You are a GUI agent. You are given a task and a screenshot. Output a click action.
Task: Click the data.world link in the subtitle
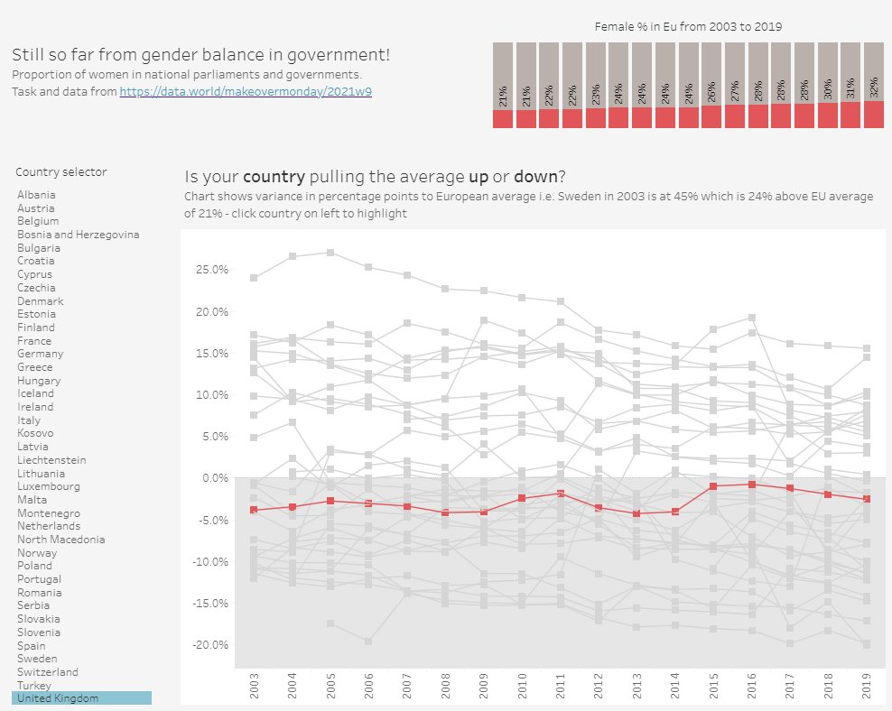click(x=246, y=91)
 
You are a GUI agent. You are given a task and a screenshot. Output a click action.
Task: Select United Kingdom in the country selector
click(x=58, y=698)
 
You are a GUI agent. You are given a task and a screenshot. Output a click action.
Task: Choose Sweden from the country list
click(x=37, y=659)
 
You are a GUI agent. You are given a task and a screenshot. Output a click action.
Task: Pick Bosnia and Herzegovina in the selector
click(x=78, y=235)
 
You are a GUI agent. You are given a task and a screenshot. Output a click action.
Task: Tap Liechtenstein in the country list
click(x=51, y=460)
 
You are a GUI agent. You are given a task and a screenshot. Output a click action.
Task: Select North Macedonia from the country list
click(x=60, y=540)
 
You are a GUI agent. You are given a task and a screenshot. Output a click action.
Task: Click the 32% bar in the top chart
click(x=874, y=85)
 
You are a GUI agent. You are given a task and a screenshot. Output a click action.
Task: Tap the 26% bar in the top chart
click(x=711, y=85)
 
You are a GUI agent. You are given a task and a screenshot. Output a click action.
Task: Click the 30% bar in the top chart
click(x=828, y=85)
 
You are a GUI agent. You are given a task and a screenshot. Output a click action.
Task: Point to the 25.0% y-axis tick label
click(x=212, y=270)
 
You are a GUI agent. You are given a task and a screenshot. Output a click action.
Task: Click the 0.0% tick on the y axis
click(x=216, y=478)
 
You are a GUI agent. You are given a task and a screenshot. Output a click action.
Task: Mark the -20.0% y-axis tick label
click(x=210, y=645)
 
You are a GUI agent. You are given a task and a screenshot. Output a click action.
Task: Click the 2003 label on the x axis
click(x=254, y=686)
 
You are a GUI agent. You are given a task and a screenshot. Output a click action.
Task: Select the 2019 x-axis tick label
click(x=867, y=686)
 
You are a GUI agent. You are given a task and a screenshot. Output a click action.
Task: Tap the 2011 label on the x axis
click(x=561, y=686)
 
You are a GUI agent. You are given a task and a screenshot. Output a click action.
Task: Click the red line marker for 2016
click(x=751, y=485)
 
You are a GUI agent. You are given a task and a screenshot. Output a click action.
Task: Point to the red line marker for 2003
click(x=254, y=510)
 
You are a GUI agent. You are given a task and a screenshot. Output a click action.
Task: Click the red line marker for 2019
click(x=867, y=499)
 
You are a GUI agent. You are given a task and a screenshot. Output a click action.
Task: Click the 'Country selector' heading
click(x=60, y=172)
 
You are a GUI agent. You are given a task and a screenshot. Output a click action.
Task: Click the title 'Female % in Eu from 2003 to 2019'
click(x=688, y=27)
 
